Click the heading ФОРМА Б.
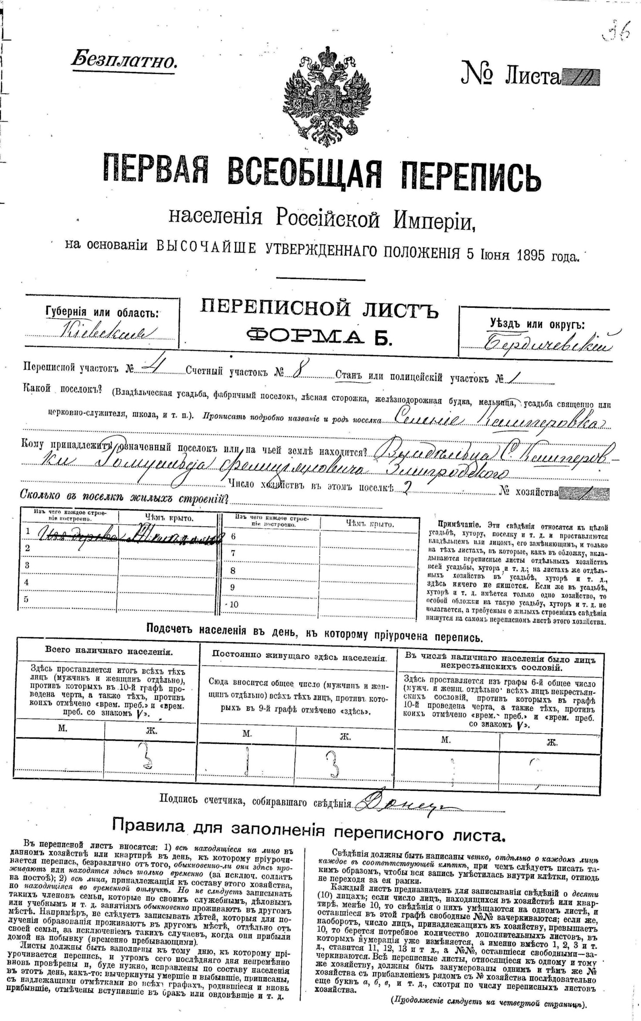[320, 337]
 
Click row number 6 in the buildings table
[233, 536]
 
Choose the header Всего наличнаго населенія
[109, 651]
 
